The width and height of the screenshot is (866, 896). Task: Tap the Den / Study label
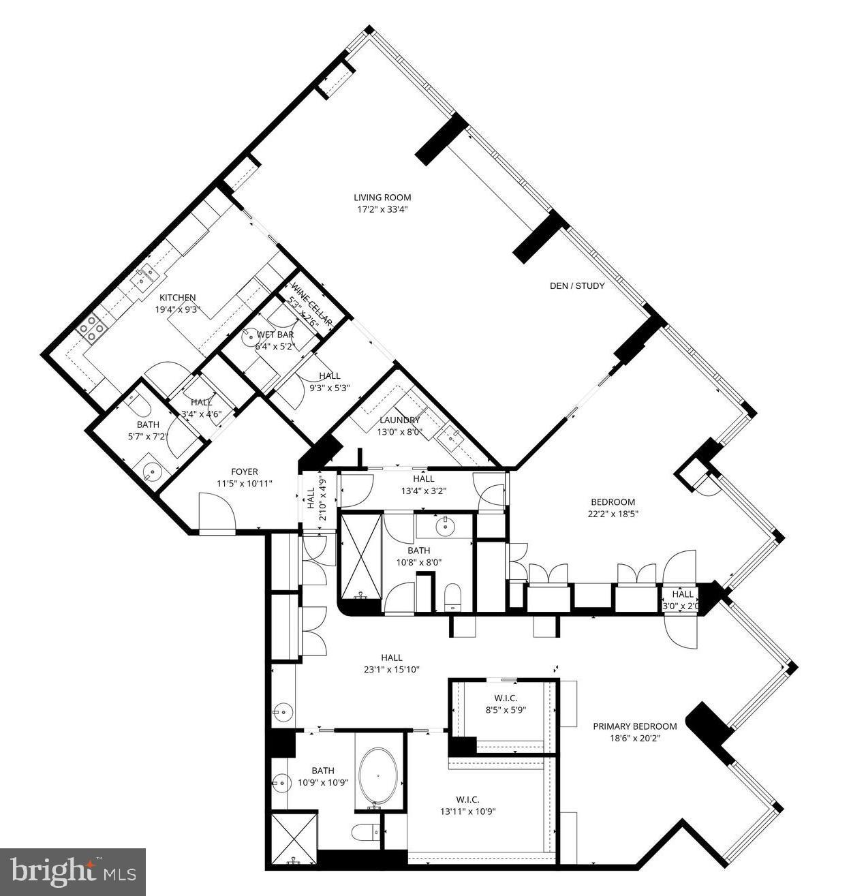576,286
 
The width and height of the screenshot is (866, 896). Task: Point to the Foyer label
244,472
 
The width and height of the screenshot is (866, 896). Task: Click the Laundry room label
399,420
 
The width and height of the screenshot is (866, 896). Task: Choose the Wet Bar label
275,335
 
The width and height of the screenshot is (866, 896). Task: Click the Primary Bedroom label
634,726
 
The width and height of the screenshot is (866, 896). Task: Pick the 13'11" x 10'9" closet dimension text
467,812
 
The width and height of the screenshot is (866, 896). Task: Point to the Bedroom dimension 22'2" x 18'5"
613,514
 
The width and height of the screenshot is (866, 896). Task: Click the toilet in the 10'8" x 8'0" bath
452,596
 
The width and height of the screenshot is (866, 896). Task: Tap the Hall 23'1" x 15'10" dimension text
391,669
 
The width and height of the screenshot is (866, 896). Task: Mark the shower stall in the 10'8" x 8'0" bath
361,555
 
